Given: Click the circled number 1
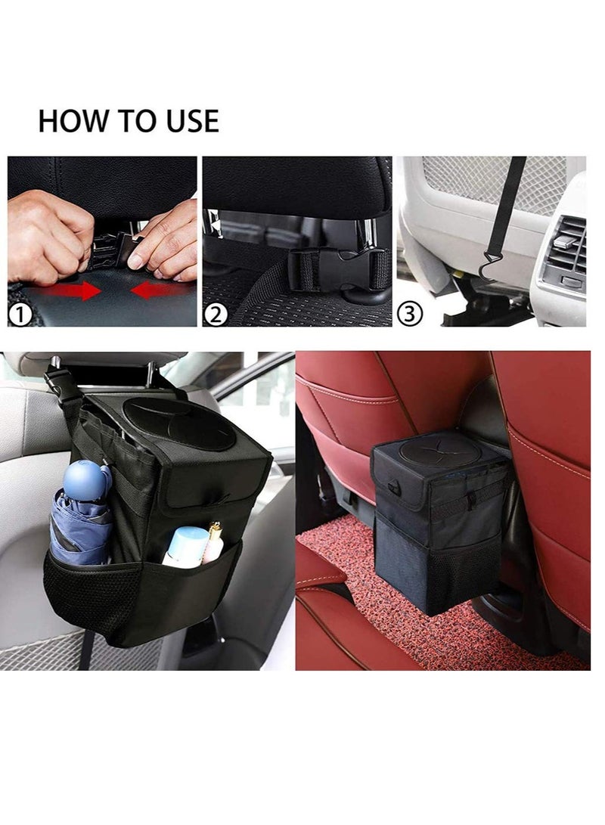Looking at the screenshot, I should pyautogui.click(x=20, y=315).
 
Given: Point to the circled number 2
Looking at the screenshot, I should pyautogui.click(x=216, y=315).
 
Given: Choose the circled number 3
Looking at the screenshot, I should pyautogui.click(x=410, y=314).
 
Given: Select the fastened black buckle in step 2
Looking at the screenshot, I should pyautogui.click(x=337, y=268).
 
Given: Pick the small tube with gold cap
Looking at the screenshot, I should pyautogui.click(x=215, y=541).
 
